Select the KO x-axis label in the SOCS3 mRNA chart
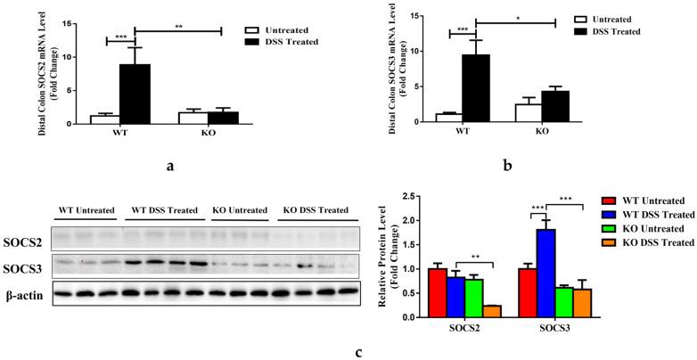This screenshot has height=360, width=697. click(540, 135)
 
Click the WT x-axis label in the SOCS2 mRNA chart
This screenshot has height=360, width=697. click(120, 135)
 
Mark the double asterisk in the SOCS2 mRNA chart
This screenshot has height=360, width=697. click(179, 25)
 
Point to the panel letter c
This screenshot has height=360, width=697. click(358, 351)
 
